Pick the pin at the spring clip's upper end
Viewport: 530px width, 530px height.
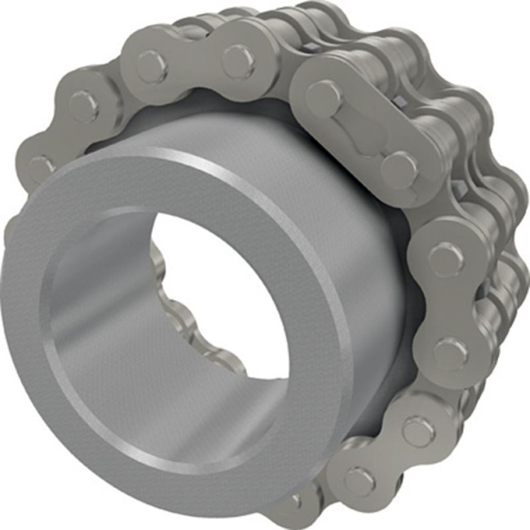point(325,96)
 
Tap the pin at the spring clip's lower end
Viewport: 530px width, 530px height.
point(399,169)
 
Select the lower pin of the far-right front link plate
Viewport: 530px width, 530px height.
point(449,352)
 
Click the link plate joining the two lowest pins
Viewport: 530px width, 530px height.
point(387,457)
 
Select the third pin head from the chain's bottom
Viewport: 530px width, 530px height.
point(449,352)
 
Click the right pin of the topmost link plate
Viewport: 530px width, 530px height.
point(237,60)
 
